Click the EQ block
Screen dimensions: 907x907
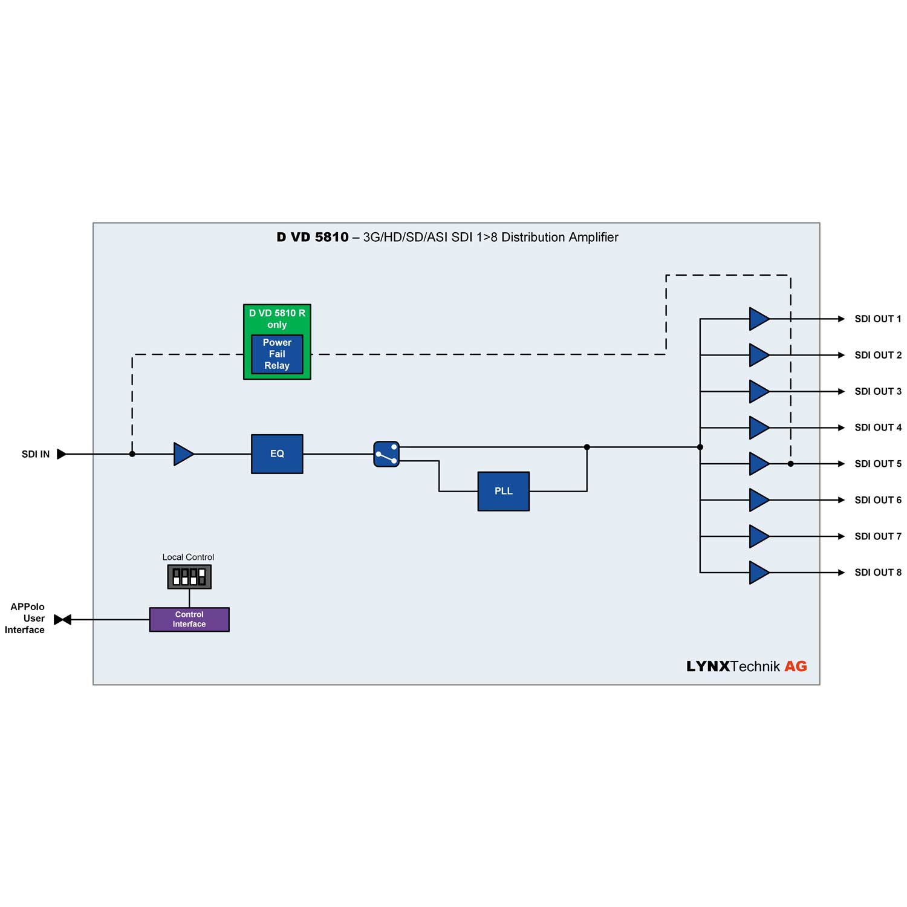(x=277, y=453)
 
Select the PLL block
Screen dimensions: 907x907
(x=503, y=491)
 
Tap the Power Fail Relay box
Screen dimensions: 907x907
(x=277, y=354)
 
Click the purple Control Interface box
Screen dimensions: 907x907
(x=189, y=619)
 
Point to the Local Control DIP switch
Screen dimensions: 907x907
(x=189, y=576)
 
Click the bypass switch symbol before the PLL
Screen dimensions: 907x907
(x=386, y=454)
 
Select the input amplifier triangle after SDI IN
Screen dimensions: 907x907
(x=183, y=454)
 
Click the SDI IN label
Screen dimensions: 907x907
(x=36, y=454)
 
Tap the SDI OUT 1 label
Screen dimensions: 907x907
(x=877, y=319)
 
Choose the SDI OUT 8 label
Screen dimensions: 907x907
(x=877, y=572)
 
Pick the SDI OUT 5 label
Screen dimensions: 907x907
(x=877, y=464)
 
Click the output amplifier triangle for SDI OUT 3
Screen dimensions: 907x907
(x=759, y=391)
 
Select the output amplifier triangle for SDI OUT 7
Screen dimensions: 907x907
(x=759, y=536)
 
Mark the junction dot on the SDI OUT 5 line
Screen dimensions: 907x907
(x=790, y=464)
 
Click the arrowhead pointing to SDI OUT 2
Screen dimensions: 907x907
(x=841, y=355)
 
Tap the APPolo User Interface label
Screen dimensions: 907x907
(x=25, y=618)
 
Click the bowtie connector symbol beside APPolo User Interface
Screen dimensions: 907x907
(x=63, y=619)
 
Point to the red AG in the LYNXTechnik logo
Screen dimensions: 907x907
(x=796, y=666)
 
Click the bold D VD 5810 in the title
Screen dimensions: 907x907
(x=313, y=237)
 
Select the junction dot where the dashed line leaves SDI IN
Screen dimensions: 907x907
(x=132, y=454)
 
